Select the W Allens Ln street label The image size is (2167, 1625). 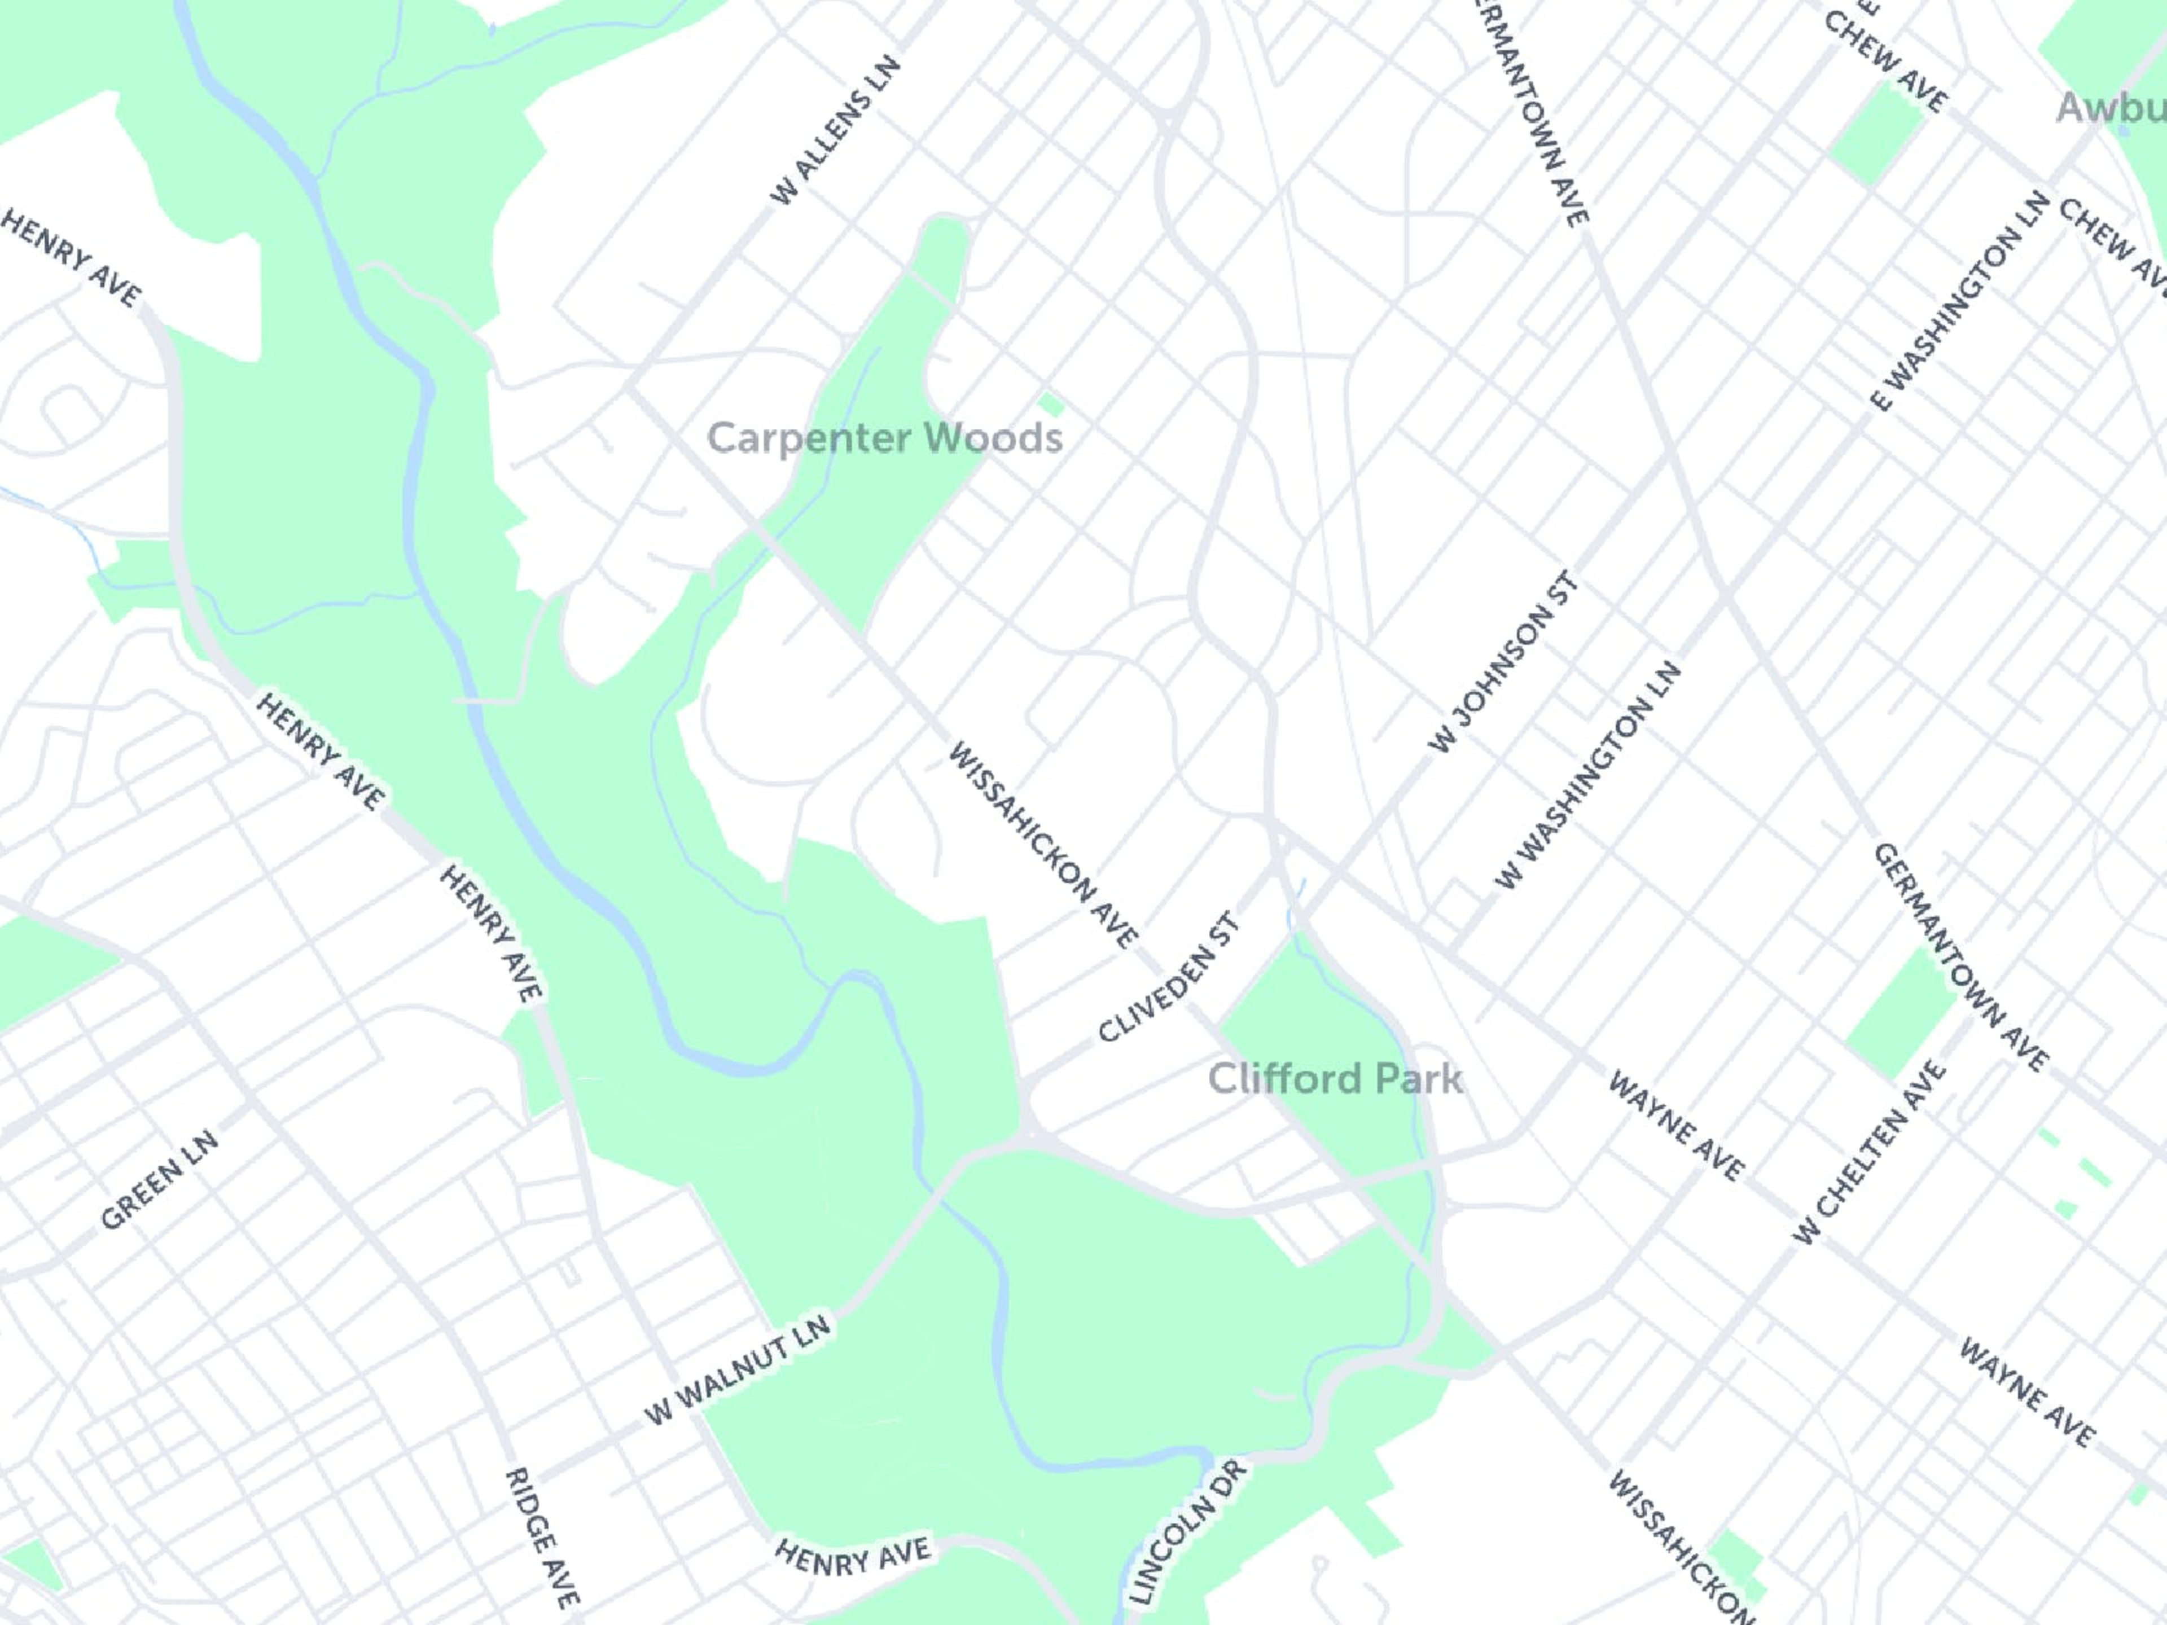click(835, 131)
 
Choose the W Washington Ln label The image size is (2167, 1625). click(1587, 776)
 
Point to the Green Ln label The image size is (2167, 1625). click(160, 1180)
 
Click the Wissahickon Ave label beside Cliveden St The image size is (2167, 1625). click(1042, 844)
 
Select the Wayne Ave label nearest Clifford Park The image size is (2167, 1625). click(1676, 1126)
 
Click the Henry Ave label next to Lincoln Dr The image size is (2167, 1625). click(852, 1556)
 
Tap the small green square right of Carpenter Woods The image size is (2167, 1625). click(1050, 403)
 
